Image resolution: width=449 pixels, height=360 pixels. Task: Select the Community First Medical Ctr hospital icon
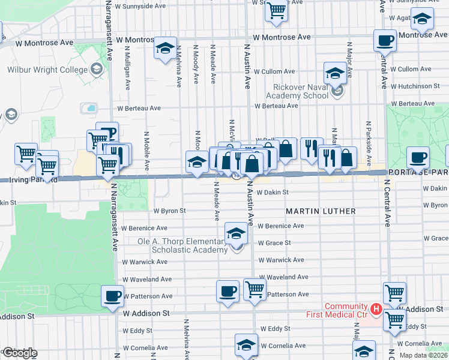(376, 310)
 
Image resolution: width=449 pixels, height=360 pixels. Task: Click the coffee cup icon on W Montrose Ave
(385, 40)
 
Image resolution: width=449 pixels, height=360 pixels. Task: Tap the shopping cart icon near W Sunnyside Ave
(276, 10)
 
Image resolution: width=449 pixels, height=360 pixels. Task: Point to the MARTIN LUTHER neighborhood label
(321, 211)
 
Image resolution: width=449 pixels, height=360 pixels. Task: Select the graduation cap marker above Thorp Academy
(237, 233)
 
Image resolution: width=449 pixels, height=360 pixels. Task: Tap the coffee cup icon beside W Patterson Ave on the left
(112, 295)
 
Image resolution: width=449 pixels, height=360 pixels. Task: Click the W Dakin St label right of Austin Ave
(273, 193)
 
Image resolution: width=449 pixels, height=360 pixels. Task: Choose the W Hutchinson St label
(418, 86)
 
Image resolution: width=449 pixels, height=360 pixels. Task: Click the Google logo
(19, 353)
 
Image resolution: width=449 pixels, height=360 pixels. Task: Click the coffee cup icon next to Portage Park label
(418, 157)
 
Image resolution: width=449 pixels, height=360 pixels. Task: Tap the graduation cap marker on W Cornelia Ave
(246, 345)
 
